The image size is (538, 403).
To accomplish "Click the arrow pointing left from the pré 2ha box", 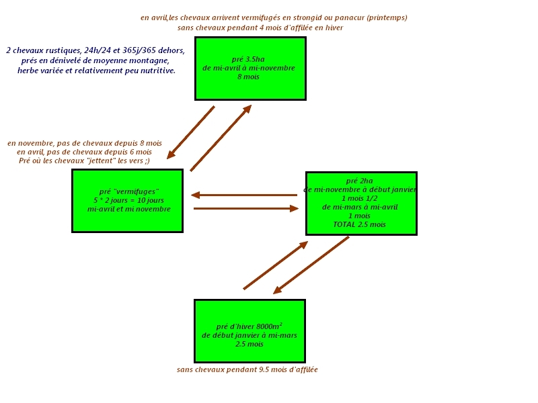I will click(x=244, y=195).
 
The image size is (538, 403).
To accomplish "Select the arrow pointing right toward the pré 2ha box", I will click(x=245, y=209).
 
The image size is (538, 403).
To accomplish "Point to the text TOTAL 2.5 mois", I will click(x=359, y=224).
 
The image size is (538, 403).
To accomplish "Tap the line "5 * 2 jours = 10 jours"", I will click(x=128, y=200).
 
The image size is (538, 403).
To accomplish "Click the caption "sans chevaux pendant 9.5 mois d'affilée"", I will click(x=247, y=369).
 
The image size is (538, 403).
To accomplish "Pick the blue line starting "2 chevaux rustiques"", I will click(x=95, y=50).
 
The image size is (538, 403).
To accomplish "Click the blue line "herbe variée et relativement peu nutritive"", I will click(x=96, y=71).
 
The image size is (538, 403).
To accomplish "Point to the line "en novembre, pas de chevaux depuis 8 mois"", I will click(x=85, y=143).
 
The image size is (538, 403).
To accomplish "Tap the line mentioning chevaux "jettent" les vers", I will click(x=84, y=161).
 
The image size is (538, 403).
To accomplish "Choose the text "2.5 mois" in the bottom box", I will click(x=249, y=344).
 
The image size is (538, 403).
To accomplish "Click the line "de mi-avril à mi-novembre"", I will click(x=248, y=68).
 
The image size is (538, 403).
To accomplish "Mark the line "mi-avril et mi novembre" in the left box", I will click(x=128, y=209).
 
